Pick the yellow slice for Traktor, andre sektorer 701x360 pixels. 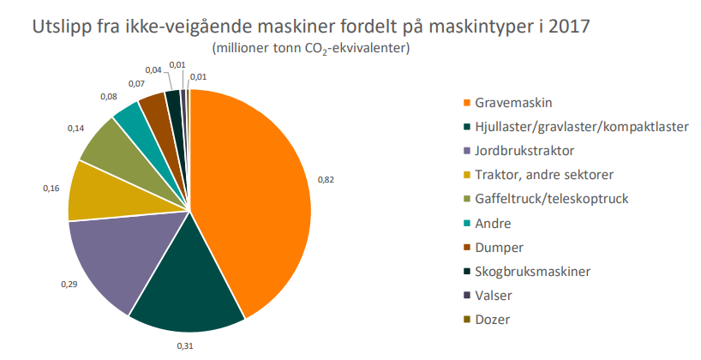(96, 190)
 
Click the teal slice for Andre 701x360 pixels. (129, 118)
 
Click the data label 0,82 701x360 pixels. (327, 180)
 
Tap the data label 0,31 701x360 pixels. (185, 345)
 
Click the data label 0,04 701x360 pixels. (154, 69)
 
